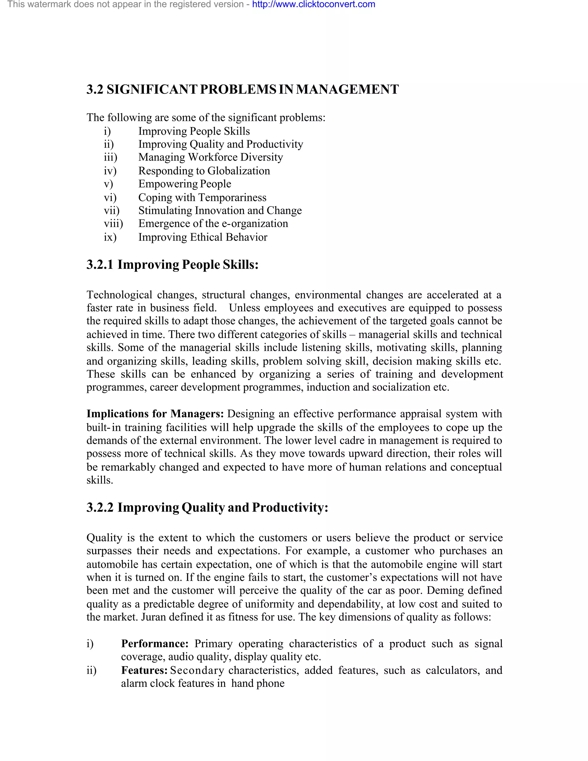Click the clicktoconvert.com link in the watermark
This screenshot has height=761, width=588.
314,5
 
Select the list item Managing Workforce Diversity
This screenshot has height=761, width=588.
210,157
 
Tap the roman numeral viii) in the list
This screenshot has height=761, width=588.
113,224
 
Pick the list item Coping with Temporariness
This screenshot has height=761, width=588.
202,198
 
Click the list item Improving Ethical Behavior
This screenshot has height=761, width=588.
203,237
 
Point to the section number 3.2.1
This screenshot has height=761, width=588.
100,265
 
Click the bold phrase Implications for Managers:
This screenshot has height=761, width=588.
155,414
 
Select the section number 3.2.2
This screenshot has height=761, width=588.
100,508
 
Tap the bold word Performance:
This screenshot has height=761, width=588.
155,644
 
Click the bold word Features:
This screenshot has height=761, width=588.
144,671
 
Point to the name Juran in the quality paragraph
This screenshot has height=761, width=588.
153,617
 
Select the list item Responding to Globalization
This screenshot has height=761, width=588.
204,171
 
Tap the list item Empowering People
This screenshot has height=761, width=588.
185,184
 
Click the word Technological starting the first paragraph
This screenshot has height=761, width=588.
119,295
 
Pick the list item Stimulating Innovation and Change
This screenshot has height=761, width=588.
220,211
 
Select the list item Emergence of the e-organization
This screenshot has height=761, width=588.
213,224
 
